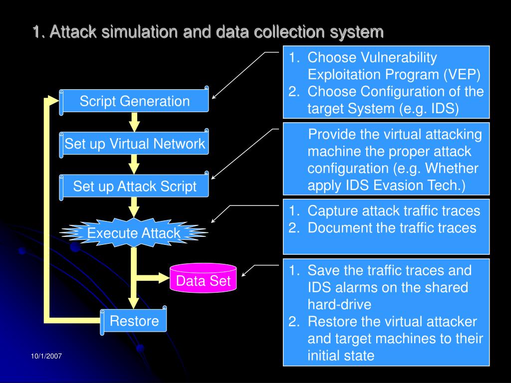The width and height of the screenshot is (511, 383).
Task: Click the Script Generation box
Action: point(134,101)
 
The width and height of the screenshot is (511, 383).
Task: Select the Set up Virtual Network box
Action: point(134,144)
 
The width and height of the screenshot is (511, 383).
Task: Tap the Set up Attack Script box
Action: point(134,187)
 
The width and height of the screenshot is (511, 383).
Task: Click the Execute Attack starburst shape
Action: point(134,233)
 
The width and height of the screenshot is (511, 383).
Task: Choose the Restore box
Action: point(134,321)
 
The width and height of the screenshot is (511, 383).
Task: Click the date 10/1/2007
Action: point(46,356)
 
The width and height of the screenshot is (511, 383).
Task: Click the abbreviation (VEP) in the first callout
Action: point(462,75)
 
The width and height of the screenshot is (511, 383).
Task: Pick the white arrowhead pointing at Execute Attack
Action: point(214,221)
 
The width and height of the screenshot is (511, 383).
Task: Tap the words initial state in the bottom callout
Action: point(341,356)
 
